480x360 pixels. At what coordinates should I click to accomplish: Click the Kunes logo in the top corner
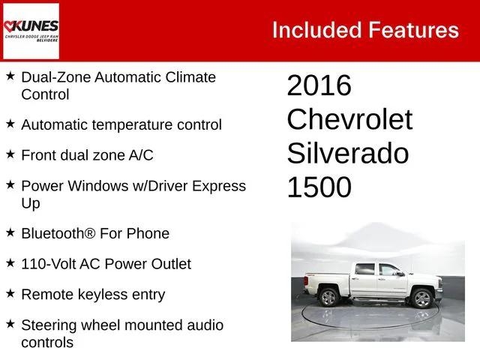coord(31,31)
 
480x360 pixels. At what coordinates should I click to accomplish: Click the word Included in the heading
coord(315,30)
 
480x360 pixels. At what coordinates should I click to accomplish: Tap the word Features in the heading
coord(413,30)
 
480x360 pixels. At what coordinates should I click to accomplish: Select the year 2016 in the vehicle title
coord(319,86)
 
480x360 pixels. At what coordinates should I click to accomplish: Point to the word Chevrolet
coord(349,120)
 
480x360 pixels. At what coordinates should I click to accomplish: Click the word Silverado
coord(347,154)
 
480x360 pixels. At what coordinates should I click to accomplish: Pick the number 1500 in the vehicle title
coord(319,187)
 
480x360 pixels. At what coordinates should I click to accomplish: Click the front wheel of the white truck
coord(422,298)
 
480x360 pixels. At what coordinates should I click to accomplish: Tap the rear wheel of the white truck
coord(328,297)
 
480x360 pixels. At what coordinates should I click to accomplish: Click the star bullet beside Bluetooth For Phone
coord(10,232)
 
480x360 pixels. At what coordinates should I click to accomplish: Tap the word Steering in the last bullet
coord(49,325)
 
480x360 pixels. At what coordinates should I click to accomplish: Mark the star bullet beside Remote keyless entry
coord(10,294)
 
